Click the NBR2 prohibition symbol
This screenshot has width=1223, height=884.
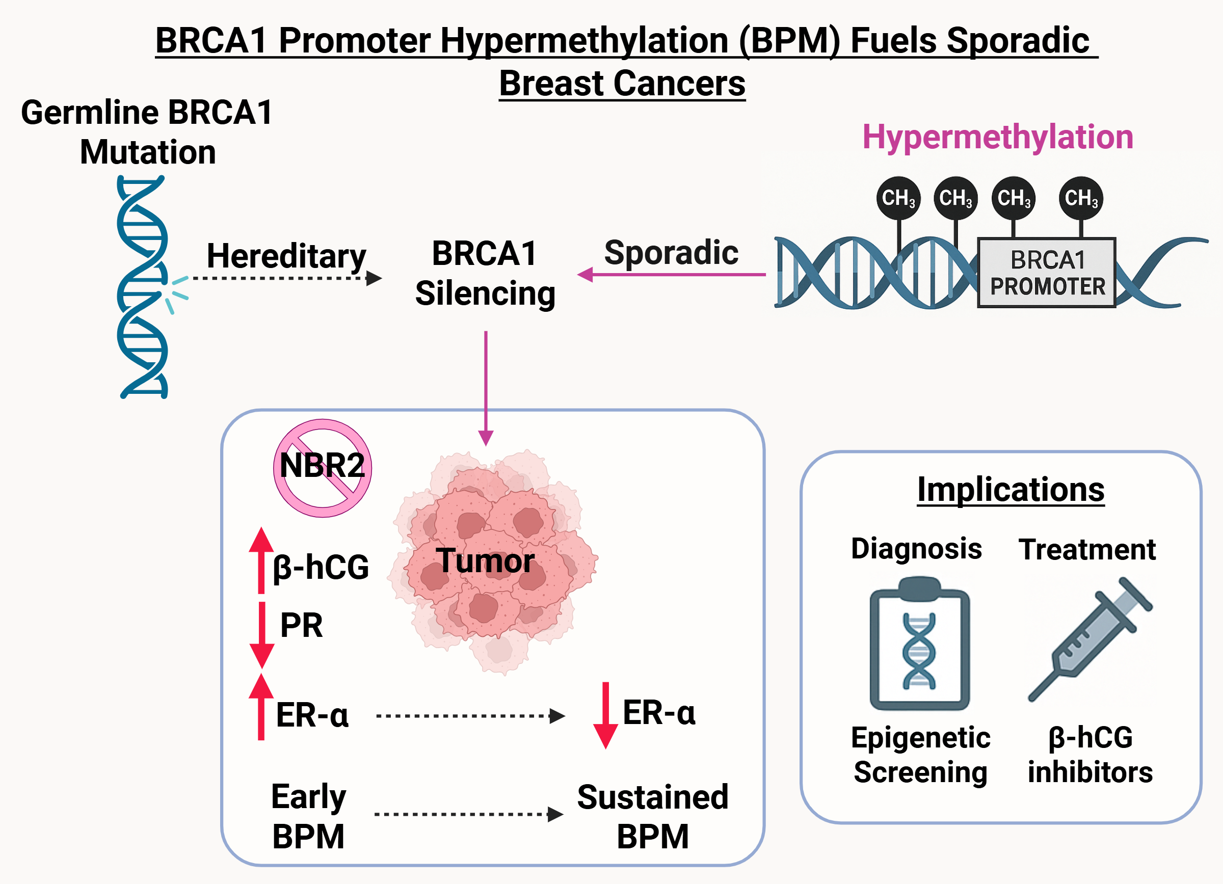click(x=323, y=468)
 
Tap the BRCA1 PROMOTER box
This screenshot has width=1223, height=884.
click(x=1047, y=273)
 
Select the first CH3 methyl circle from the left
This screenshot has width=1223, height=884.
click(x=898, y=198)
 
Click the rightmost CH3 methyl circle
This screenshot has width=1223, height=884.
click(x=1081, y=198)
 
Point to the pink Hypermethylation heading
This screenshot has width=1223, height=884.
click(x=998, y=137)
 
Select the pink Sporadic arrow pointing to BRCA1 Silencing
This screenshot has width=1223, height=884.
click(x=671, y=274)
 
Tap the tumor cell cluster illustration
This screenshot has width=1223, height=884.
click(x=493, y=560)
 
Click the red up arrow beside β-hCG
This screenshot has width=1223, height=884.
click(x=261, y=560)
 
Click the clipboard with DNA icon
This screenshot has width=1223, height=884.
click(x=919, y=644)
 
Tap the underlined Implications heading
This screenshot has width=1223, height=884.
click(x=1011, y=490)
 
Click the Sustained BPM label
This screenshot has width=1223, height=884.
click(x=652, y=816)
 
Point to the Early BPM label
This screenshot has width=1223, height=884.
click(x=308, y=816)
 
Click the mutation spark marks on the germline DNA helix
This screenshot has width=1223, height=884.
click(x=177, y=292)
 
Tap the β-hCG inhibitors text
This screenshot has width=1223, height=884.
click(x=1090, y=755)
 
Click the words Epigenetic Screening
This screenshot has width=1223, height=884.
click(x=920, y=755)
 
